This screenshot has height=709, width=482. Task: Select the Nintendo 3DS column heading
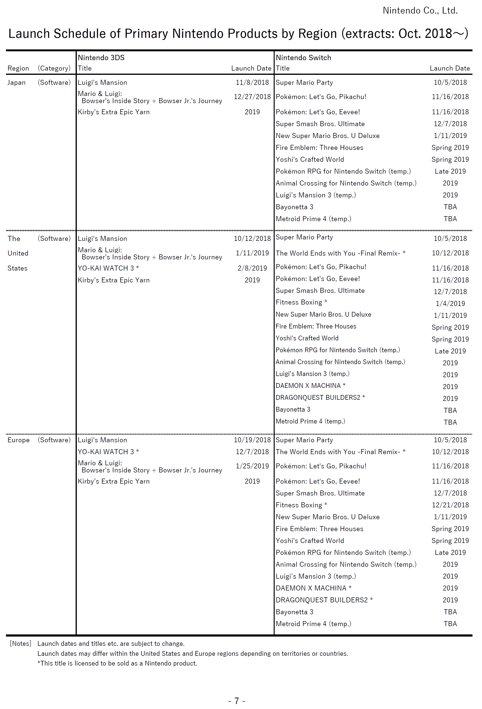click(101, 58)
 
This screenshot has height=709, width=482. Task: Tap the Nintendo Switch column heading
click(303, 58)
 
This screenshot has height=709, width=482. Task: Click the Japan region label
click(16, 82)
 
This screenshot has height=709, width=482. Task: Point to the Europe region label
click(19, 440)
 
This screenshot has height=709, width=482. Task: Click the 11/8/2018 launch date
click(252, 82)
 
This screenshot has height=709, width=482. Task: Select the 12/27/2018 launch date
click(252, 97)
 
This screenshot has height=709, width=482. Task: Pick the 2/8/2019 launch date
click(252, 268)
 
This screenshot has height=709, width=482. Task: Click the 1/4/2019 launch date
click(450, 304)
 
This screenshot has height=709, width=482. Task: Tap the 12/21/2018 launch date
click(450, 505)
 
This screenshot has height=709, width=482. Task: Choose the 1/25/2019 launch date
click(252, 466)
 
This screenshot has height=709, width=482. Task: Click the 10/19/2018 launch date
click(252, 440)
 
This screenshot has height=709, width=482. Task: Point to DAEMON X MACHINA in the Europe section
click(311, 588)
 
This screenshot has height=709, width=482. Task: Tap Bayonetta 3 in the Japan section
click(294, 207)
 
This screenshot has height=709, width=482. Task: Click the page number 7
click(237, 701)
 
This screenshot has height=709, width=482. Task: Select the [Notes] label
click(20, 644)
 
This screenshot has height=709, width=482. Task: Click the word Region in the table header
click(18, 68)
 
